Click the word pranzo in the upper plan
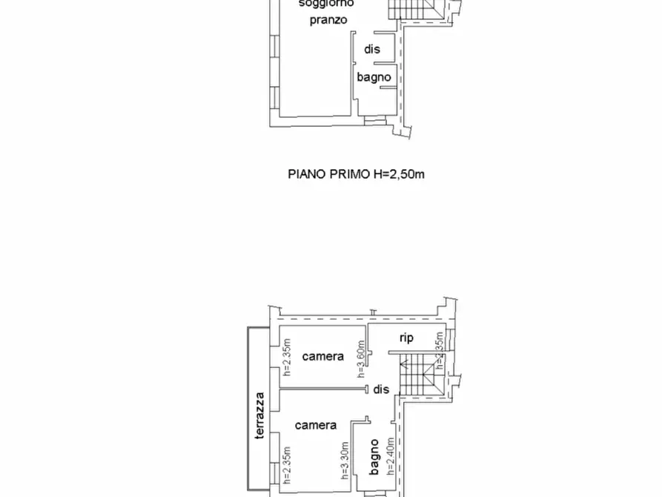[328, 20]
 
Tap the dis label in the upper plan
[372, 50]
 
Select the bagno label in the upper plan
[374, 76]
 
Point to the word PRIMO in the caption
[349, 174]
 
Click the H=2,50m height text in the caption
[400, 174]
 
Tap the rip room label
[406, 338]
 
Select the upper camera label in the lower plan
[323, 356]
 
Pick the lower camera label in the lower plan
[316, 425]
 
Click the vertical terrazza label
[259, 415]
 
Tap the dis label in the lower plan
[381, 389]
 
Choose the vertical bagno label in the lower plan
[375, 457]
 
